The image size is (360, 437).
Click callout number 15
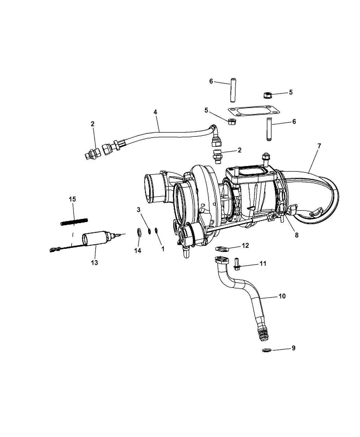point(72,199)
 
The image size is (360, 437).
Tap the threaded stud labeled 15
point(74,222)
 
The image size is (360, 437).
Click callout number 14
point(137,251)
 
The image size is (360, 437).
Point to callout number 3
point(139,210)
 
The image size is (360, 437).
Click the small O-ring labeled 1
point(156,230)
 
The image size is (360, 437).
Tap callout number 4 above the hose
point(155,112)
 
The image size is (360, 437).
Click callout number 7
point(319,146)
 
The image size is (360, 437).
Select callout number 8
point(297,235)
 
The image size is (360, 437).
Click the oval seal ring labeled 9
point(267,350)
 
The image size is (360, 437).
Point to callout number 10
point(282,296)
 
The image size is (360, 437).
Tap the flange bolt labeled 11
point(237,264)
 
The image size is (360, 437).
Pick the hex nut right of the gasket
point(267,95)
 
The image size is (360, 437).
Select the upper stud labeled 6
point(233,90)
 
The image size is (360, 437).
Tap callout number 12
point(245,245)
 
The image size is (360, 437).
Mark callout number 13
point(94,263)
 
